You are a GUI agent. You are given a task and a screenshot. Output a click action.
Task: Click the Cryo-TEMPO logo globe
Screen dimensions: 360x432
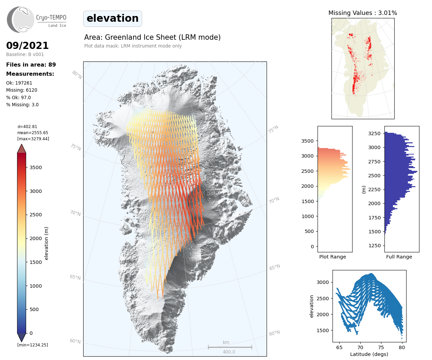pos(21,19)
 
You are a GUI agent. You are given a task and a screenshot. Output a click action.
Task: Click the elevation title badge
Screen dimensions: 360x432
pos(112,18)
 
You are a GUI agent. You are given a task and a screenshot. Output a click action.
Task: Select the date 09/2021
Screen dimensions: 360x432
pos(28,46)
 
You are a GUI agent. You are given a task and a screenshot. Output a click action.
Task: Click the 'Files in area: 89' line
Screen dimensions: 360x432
pos(31,65)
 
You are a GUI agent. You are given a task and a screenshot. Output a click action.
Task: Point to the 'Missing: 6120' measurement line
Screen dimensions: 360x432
pos(22,90)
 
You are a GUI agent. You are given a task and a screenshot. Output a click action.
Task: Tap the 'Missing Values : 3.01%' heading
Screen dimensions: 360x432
pos(362,13)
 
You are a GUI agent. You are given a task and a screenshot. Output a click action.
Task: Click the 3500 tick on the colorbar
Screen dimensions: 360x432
pos(36,167)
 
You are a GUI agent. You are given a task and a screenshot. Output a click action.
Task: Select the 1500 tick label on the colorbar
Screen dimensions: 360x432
pos(36,262)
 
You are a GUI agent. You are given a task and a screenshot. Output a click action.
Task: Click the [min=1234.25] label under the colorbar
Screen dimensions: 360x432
pos(33,345)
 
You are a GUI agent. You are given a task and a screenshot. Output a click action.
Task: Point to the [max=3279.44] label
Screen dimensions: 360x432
pos(33,139)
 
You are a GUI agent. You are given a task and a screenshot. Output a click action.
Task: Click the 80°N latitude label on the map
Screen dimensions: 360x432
pos(77,75)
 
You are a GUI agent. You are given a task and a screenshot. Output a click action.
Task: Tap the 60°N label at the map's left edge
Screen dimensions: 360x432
pos(75,341)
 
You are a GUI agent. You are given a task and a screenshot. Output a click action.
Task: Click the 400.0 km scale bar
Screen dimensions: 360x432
pos(230,347)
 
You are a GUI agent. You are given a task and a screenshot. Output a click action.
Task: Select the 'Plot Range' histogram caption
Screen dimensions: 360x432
pos(332,257)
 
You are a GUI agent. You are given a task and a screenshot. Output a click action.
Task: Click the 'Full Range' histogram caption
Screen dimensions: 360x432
pos(399,257)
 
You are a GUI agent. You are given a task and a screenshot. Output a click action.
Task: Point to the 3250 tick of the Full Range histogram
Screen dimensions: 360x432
pos(375,133)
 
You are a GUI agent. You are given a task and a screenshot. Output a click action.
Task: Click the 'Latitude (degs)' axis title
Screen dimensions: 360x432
pos(369,354)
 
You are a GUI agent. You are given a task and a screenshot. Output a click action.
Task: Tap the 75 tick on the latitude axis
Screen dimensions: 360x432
pos(381,347)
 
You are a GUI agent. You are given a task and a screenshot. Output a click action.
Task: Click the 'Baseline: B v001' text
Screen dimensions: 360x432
pos(25,54)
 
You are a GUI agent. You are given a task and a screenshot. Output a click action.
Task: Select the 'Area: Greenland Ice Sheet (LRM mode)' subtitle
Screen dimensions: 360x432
pos(152,37)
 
